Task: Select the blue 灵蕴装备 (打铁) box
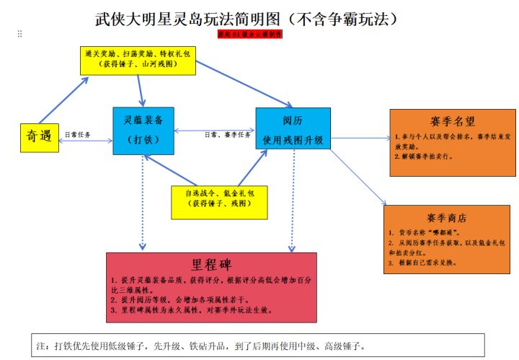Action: [143, 131]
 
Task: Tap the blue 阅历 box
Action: [293, 128]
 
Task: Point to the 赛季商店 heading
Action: [446, 218]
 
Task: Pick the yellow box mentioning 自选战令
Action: [219, 201]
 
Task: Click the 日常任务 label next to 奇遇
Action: [78, 134]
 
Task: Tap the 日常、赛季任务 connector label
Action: [227, 134]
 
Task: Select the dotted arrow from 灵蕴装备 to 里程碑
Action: [143, 202]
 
